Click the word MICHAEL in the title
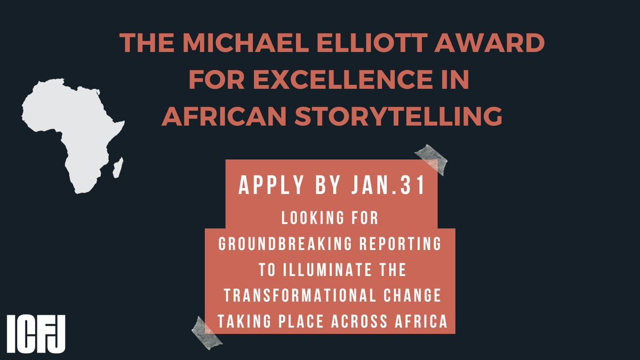[x=225, y=43]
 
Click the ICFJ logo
[x=37, y=334]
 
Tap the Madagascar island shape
[x=118, y=167]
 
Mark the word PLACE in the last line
[x=327, y=321]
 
